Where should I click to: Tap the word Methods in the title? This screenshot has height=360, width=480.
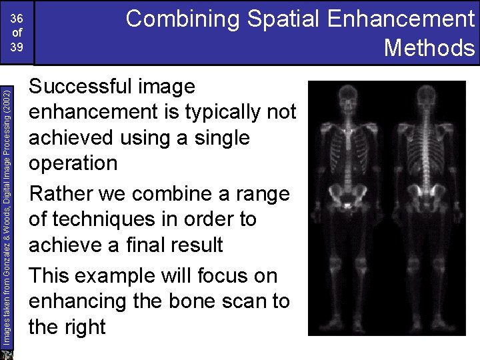click(429, 48)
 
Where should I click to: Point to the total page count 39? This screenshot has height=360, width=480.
click(17, 48)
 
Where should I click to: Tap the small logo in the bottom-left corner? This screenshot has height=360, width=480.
click(7, 353)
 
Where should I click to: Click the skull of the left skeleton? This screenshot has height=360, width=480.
click(350, 101)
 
